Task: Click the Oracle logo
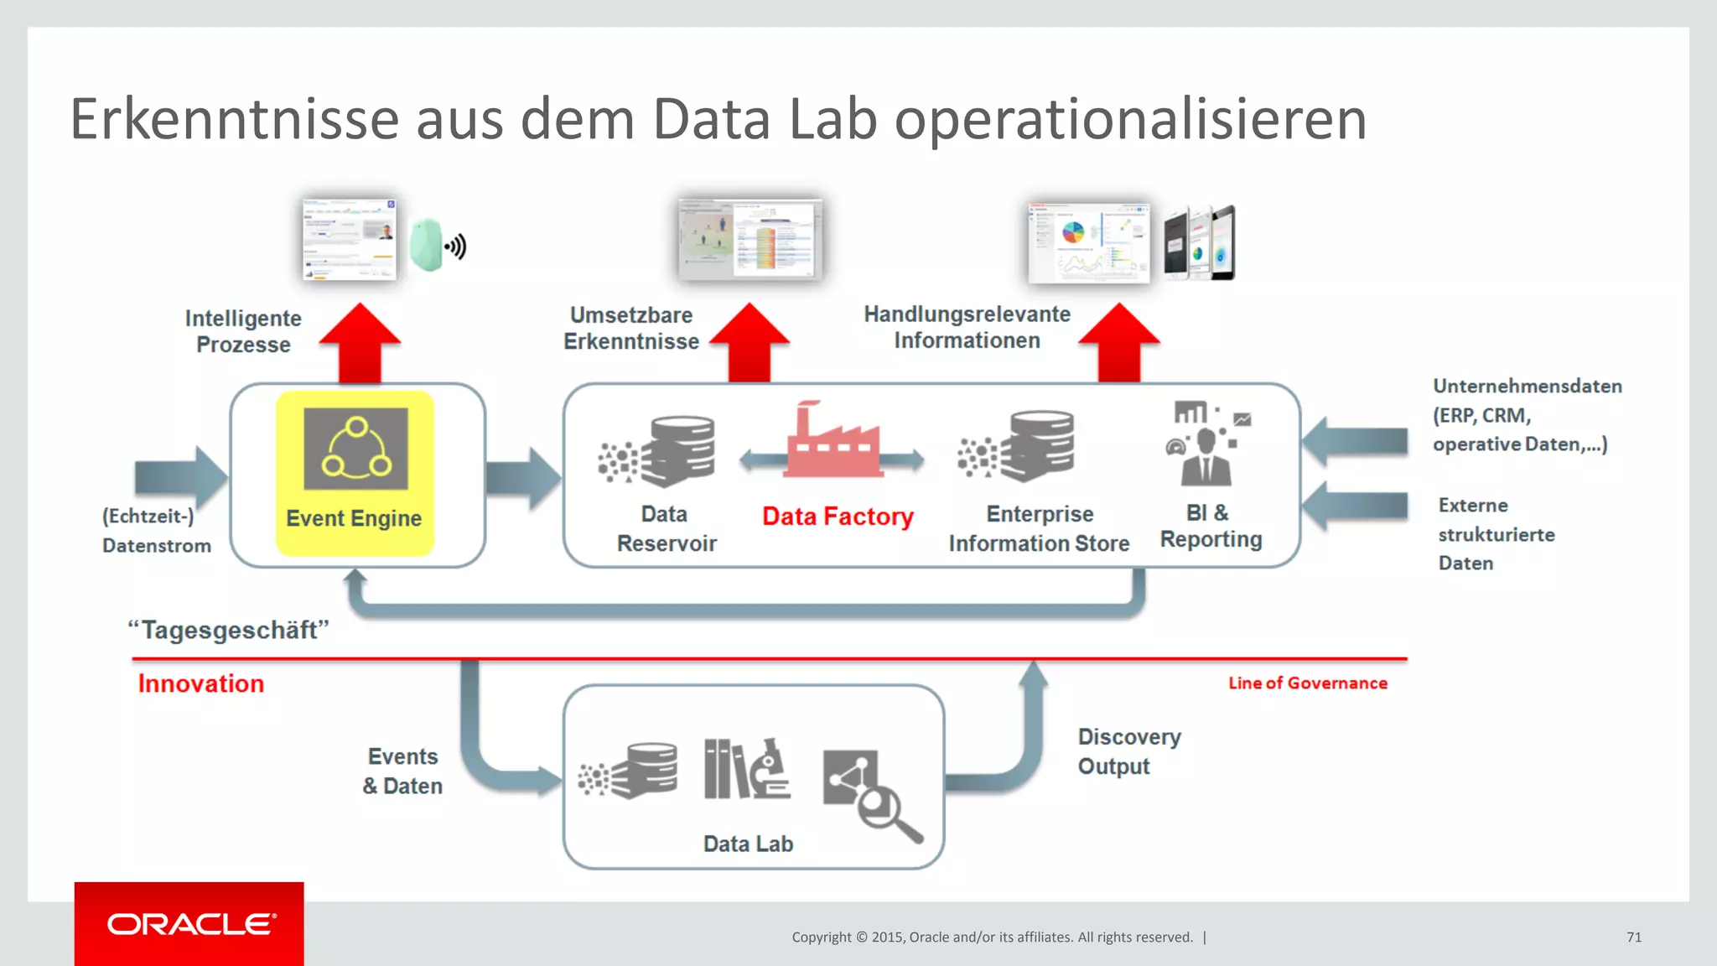pos(189,923)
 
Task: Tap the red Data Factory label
pos(838,517)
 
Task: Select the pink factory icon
pos(833,441)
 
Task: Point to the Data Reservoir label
pos(667,528)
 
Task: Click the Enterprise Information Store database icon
pos(1040,445)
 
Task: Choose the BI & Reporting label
pos(1211,526)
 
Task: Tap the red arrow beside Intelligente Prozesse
pos(361,344)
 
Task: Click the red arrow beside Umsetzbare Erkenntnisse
pos(750,344)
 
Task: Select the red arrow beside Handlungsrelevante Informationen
pos(1119,344)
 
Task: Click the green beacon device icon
pos(427,244)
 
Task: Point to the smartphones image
pos(1199,243)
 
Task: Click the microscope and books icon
pos(746,769)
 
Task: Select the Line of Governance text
pos(1307,683)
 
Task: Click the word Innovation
pos(201,683)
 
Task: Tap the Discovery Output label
pos(1128,751)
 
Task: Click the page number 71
pos(1634,937)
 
